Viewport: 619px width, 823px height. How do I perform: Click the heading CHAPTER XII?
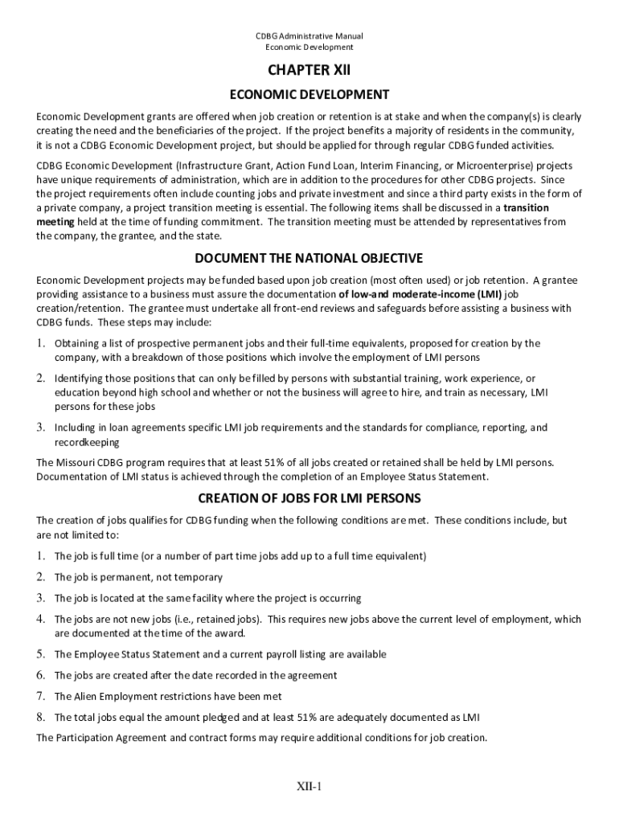tap(309, 71)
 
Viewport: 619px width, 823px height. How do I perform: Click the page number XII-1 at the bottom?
tap(308, 786)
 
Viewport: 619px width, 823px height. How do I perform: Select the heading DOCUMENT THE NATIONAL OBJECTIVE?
tap(309, 258)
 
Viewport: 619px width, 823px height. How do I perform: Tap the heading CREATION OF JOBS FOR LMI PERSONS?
tap(309, 497)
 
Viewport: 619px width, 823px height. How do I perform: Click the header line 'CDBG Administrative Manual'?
tap(309, 36)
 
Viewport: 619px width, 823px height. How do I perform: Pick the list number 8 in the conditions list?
tap(40, 716)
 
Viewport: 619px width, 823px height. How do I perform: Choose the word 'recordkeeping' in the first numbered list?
tap(87, 442)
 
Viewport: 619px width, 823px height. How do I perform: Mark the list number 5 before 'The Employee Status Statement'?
tap(40, 653)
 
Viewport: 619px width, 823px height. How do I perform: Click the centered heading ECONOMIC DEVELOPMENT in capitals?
tap(309, 95)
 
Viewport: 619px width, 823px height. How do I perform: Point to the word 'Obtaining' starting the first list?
tap(79, 343)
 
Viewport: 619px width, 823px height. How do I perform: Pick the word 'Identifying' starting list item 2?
tap(82, 378)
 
